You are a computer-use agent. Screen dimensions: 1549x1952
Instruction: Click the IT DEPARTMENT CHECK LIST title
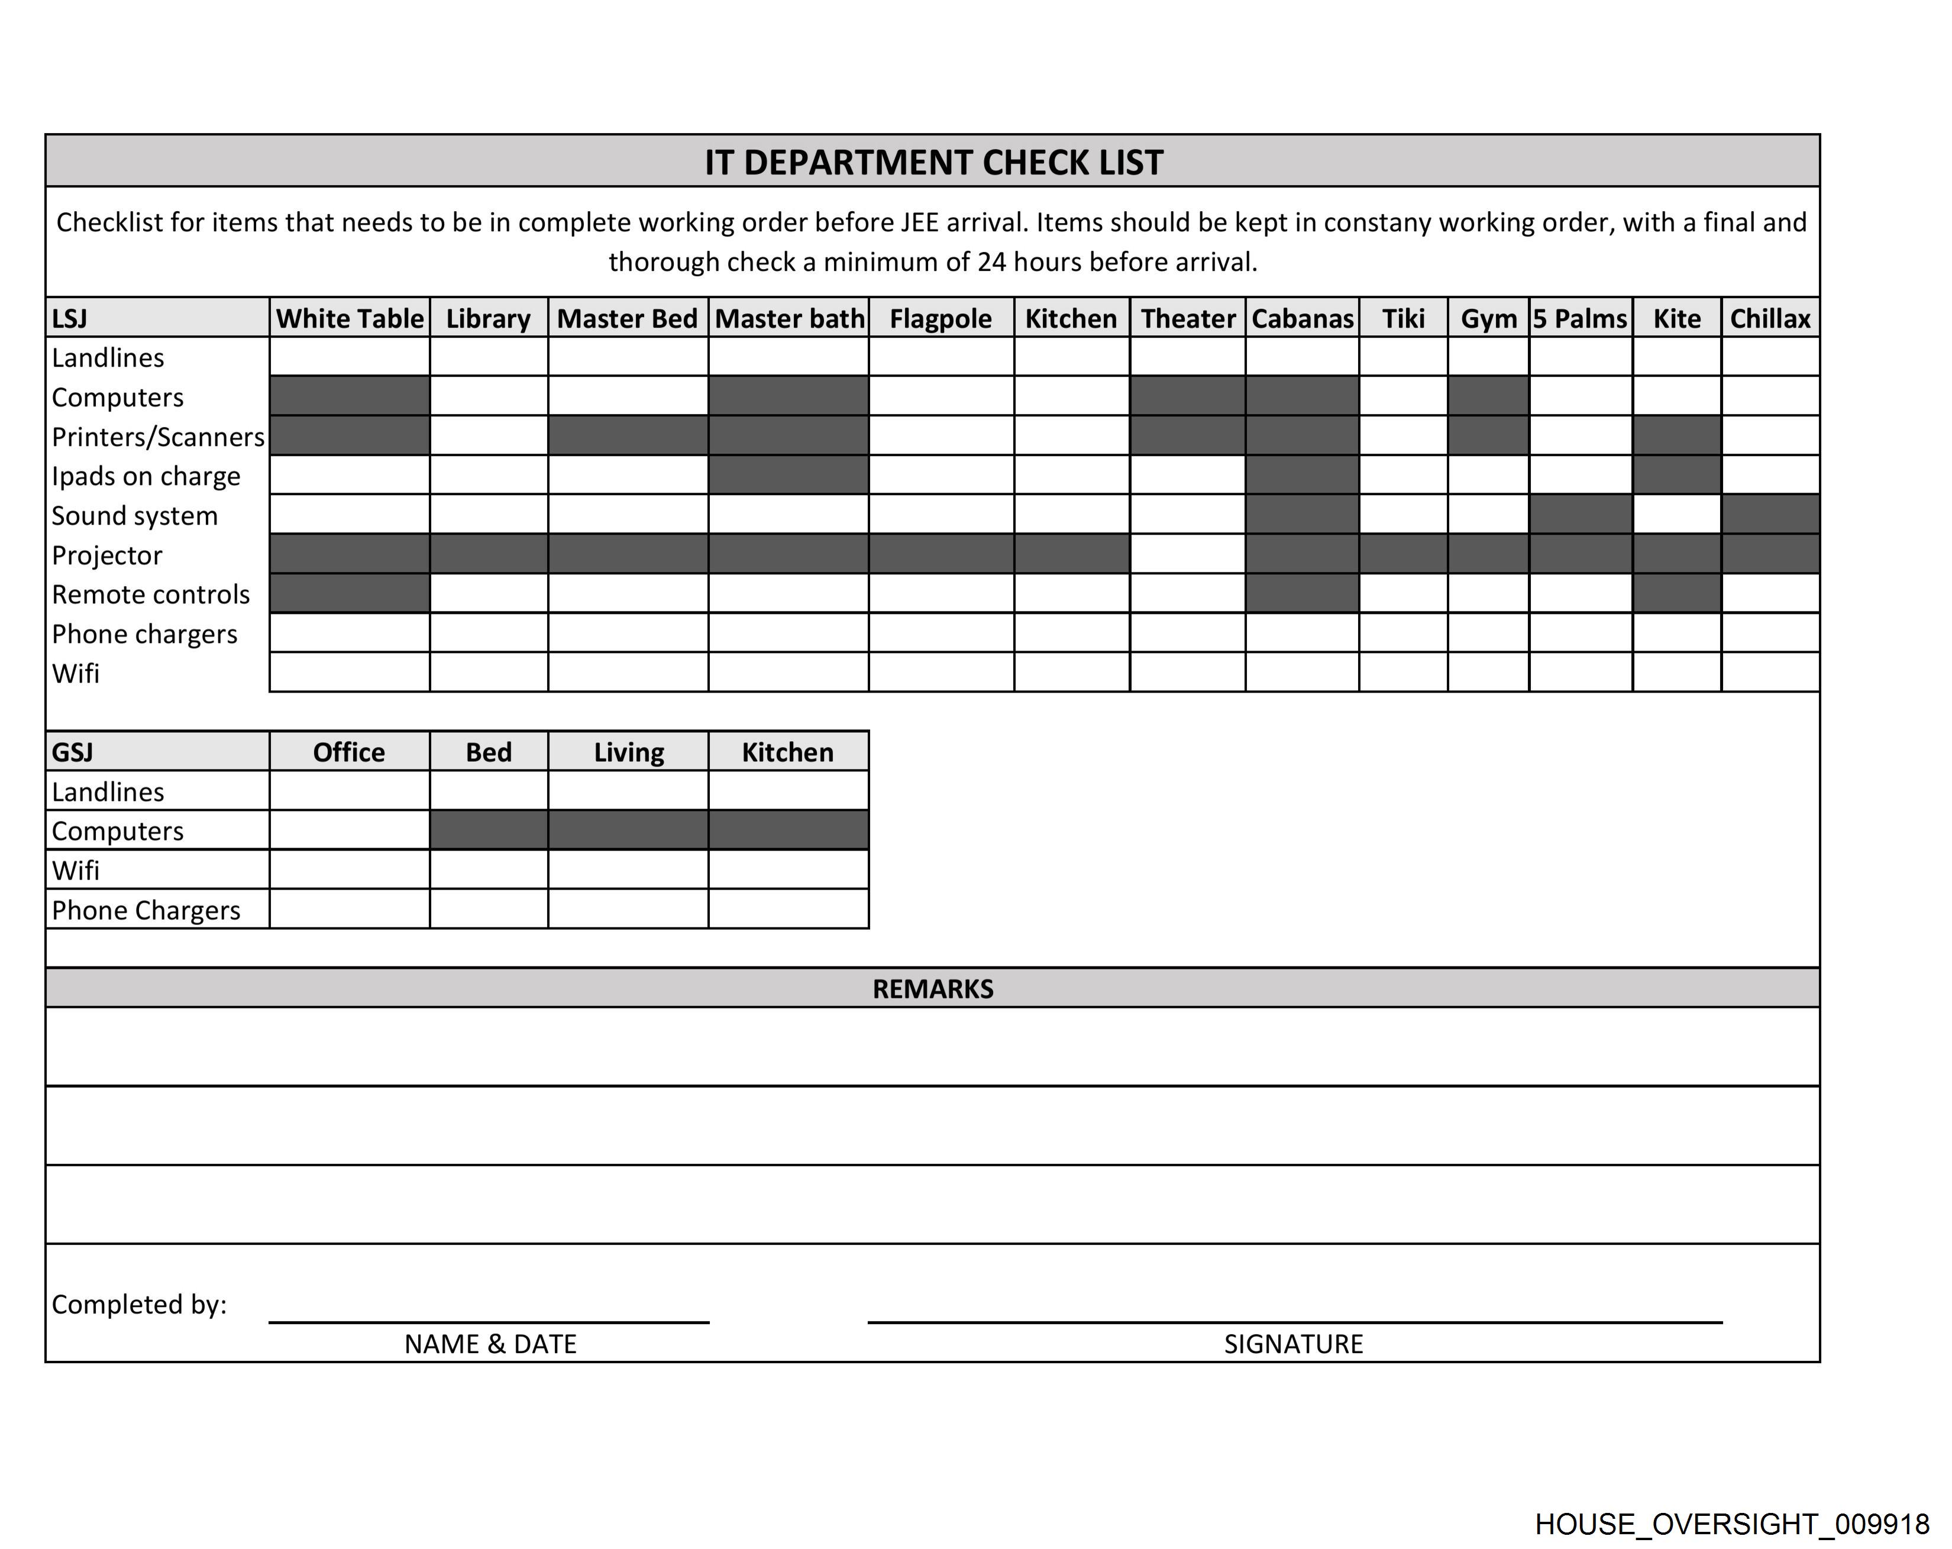[x=933, y=162]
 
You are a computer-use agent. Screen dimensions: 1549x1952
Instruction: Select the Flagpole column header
[x=941, y=319]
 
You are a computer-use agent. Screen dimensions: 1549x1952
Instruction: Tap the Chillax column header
[x=1770, y=319]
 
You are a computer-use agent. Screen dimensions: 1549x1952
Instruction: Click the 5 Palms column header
[x=1580, y=319]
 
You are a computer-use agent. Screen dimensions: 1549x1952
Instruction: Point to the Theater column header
[x=1188, y=319]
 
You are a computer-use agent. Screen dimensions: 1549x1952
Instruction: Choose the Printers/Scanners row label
[x=157, y=437]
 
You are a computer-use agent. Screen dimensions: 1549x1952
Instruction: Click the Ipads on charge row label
[x=146, y=476]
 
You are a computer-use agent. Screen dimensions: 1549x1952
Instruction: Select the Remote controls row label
[x=150, y=595]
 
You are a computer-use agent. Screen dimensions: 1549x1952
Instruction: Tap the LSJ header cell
[x=70, y=319]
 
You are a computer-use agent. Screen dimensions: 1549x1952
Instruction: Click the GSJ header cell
[x=72, y=752]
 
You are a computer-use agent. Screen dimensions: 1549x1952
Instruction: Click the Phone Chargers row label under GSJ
[x=146, y=910]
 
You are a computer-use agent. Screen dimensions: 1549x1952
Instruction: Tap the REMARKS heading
[x=933, y=989]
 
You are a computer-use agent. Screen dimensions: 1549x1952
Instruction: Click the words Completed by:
[x=138, y=1305]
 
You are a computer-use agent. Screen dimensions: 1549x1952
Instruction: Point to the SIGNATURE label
[x=1293, y=1344]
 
